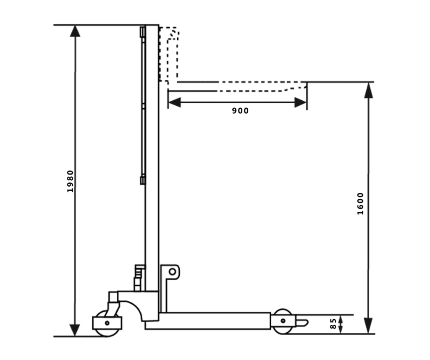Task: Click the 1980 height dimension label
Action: click(x=71, y=181)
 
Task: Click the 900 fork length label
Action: click(x=240, y=111)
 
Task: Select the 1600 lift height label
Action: click(x=360, y=203)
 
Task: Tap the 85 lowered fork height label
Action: click(x=333, y=323)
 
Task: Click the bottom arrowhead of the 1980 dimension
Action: click(x=75, y=330)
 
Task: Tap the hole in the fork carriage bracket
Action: click(x=172, y=271)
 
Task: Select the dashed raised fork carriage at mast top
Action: click(x=170, y=55)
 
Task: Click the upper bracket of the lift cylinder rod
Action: click(x=142, y=32)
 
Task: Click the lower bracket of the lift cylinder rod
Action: click(x=142, y=180)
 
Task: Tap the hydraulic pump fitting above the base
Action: click(x=138, y=277)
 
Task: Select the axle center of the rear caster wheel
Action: click(x=107, y=323)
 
